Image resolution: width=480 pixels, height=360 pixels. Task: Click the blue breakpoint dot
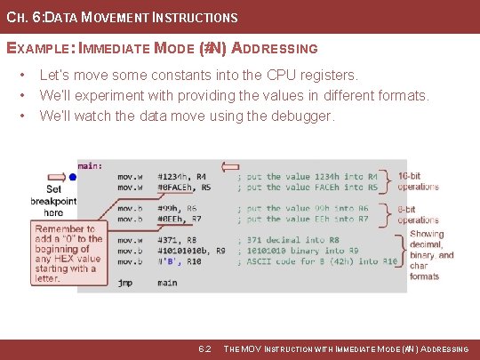coord(73,177)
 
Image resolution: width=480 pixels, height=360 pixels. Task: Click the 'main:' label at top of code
coord(90,165)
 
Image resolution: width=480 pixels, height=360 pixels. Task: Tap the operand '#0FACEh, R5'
coord(184,188)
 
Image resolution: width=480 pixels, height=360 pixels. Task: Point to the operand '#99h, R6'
coord(179,208)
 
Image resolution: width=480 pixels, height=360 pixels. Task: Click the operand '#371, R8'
coord(179,240)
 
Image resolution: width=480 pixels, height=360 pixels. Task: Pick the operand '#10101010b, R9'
coord(191,251)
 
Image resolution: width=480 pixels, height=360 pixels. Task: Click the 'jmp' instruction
coord(124,283)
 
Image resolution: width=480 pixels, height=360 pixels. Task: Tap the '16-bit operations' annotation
coord(418,181)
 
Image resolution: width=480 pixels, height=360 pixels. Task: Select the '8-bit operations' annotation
coord(418,214)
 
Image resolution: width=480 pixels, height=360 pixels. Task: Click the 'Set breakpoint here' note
coord(53,200)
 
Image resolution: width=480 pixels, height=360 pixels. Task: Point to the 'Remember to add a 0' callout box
coord(68,253)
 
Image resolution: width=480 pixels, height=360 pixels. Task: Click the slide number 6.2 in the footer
coord(204,348)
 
